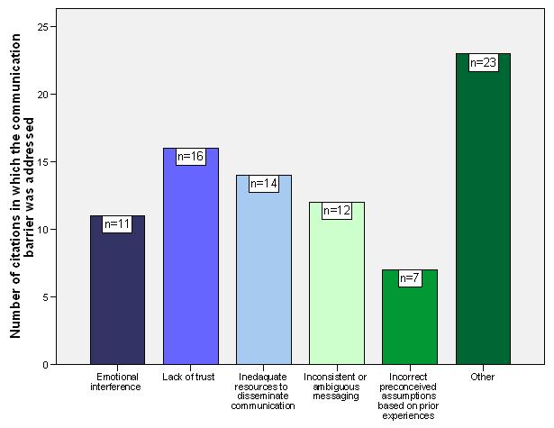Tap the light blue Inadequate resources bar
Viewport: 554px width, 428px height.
pos(263,279)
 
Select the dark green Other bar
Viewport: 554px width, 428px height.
pos(483,216)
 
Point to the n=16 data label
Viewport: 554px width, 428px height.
pos(190,157)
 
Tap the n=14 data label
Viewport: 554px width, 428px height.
pos(263,183)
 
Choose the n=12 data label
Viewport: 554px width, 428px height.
pos(336,210)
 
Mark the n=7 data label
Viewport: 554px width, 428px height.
pos(410,278)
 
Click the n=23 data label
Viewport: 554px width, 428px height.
pos(483,63)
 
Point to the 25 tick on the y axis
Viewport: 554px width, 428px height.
pos(42,26)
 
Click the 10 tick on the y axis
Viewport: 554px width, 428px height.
pos(42,229)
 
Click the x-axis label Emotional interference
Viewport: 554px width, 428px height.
pos(116,381)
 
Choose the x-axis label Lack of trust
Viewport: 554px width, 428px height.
pos(190,377)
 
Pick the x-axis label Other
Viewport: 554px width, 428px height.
pos(483,377)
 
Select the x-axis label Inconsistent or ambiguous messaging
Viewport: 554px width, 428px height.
pos(336,386)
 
